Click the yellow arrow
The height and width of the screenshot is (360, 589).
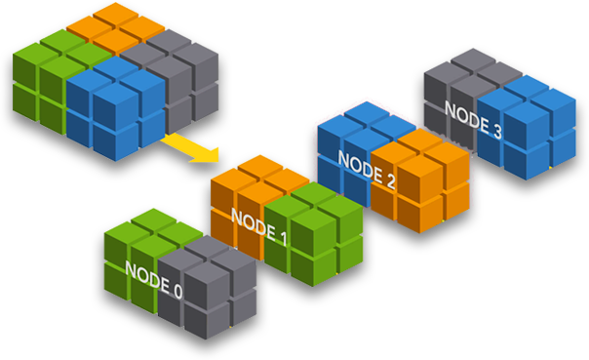point(191,147)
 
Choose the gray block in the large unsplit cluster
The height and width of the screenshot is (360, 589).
point(185,73)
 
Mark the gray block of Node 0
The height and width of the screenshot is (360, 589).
point(205,293)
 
